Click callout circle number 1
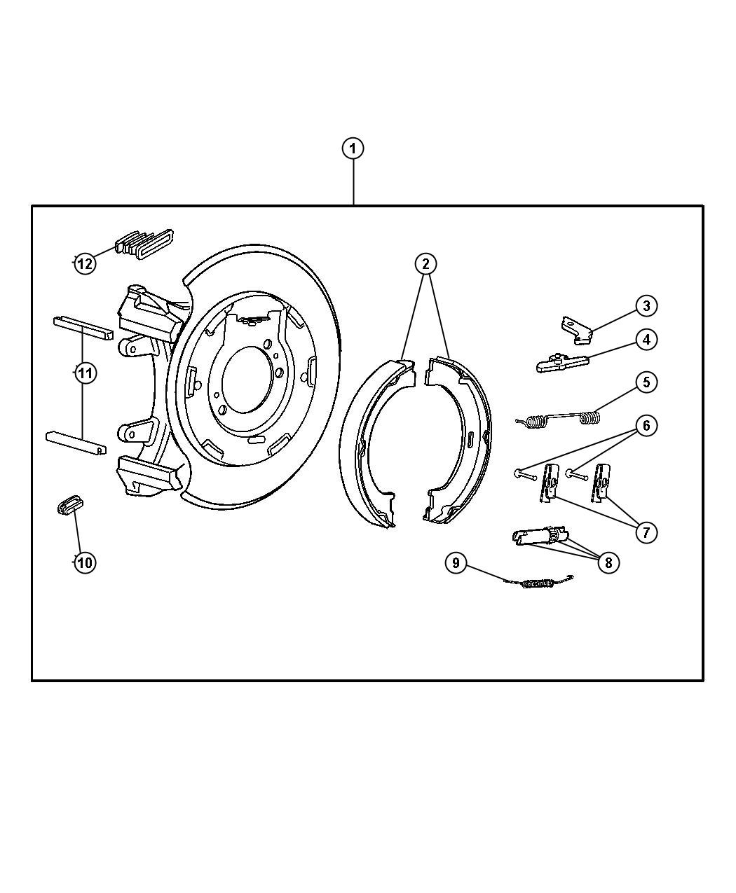point(353,148)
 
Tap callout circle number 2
point(425,264)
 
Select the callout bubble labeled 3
point(646,305)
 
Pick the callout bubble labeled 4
point(646,340)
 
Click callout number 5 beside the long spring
point(646,382)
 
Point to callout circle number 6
point(646,425)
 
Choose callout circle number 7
point(646,532)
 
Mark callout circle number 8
point(608,562)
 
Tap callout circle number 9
point(456,562)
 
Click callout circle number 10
point(84,562)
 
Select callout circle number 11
point(85,373)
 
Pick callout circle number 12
point(85,264)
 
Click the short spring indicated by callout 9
point(540,581)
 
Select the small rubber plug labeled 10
point(69,505)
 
